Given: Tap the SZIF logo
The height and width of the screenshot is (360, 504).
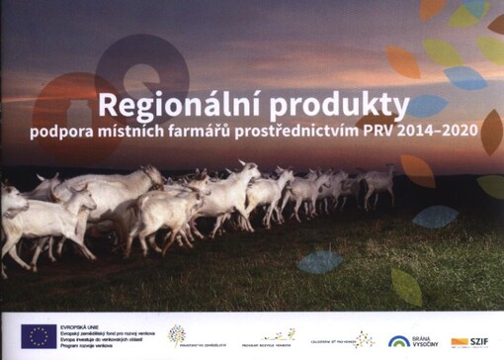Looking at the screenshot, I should click(x=467, y=341).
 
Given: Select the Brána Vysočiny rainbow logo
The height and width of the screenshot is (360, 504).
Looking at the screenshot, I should click(x=409, y=340).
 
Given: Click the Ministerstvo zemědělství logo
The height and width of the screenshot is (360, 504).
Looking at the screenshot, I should click(x=189, y=338).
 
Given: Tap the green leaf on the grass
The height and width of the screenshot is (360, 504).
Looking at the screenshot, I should click(x=406, y=286).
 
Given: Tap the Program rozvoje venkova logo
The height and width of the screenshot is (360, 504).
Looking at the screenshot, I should click(x=272, y=339).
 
